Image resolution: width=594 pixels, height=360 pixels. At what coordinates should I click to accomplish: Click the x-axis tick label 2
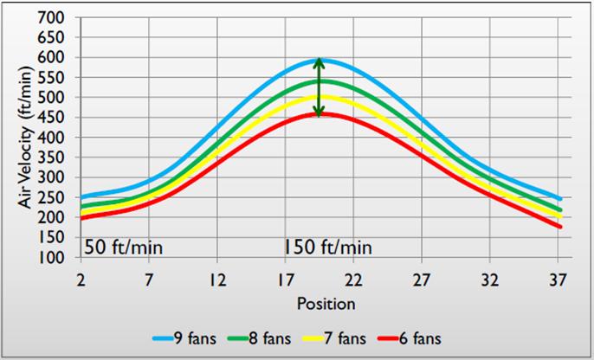pos(81,280)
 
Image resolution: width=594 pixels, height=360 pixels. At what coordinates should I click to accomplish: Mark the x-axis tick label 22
pos(352,280)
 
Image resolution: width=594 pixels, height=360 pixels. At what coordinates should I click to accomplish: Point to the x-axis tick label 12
pos(216,280)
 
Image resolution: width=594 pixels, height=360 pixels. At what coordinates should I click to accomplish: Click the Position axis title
pos(320,304)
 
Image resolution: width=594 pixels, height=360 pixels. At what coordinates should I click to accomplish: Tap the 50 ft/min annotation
pos(124,247)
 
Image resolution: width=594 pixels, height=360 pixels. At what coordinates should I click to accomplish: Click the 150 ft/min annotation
pos(327,247)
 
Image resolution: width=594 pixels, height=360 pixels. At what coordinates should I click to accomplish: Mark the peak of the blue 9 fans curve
pos(320,60)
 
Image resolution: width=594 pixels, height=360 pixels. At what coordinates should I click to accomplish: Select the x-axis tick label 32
pos(489,280)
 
